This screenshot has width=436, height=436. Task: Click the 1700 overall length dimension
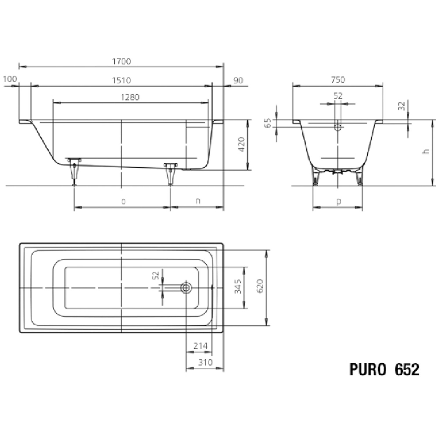(x=121, y=62)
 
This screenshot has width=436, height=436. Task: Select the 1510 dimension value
(x=121, y=81)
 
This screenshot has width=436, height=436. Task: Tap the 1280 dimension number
(x=130, y=97)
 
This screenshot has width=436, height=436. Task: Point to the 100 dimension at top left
(x=10, y=79)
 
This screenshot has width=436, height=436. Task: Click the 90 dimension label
(x=238, y=81)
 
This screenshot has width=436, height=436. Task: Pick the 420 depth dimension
(x=241, y=144)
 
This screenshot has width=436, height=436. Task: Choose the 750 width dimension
(x=338, y=80)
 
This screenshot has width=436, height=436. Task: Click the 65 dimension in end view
(x=268, y=123)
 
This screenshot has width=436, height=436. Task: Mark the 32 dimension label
(x=402, y=106)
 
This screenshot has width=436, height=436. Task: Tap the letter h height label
(x=426, y=151)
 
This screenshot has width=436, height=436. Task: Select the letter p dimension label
(x=338, y=201)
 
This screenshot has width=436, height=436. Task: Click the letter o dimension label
(x=123, y=201)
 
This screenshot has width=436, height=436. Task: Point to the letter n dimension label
(x=198, y=201)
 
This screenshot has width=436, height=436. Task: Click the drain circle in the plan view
(x=186, y=288)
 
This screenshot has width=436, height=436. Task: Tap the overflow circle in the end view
(x=338, y=127)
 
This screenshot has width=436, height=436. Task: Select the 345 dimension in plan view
(x=238, y=286)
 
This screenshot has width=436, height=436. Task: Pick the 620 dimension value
(x=260, y=286)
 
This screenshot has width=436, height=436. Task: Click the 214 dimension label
(x=201, y=346)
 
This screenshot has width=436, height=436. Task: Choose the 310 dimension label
(x=205, y=362)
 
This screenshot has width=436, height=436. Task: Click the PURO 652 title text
(x=384, y=369)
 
